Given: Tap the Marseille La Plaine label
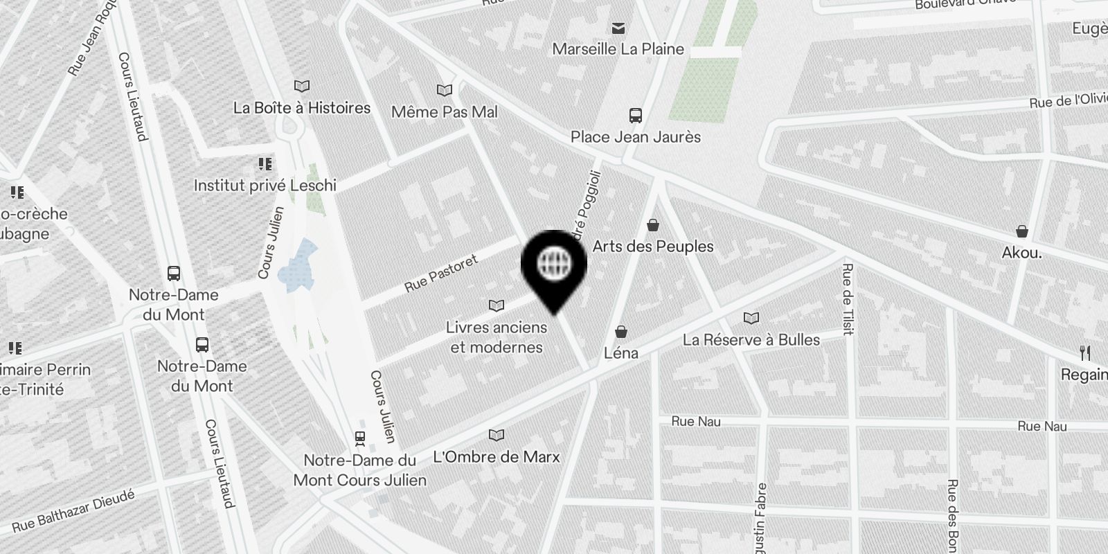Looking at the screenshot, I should [618, 49].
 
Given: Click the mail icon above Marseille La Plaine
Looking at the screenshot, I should [618, 28].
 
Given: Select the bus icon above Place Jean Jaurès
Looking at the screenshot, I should [635, 116].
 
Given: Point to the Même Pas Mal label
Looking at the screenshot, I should [444, 111].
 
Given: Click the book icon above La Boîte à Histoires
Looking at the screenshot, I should [301, 87].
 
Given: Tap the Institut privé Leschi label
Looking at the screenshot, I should [265, 186].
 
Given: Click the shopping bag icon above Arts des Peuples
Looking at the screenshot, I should [652, 225].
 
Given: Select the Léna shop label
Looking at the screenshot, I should [621, 353].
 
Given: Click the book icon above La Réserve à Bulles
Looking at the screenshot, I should [751, 319].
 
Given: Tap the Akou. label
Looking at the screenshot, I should [1021, 253].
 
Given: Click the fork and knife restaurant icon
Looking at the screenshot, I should [1085, 353].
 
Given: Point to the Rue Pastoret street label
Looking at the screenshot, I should [441, 274].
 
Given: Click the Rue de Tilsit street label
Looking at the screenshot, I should [847, 300].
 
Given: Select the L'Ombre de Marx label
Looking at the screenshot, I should [496, 457].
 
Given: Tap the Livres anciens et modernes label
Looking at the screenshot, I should [496, 337].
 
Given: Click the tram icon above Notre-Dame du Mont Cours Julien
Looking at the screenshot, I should [359, 438].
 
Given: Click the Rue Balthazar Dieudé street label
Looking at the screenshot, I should [73, 509].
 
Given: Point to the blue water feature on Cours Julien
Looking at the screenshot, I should [296, 263].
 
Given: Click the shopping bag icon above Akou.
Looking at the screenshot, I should [1021, 231].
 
